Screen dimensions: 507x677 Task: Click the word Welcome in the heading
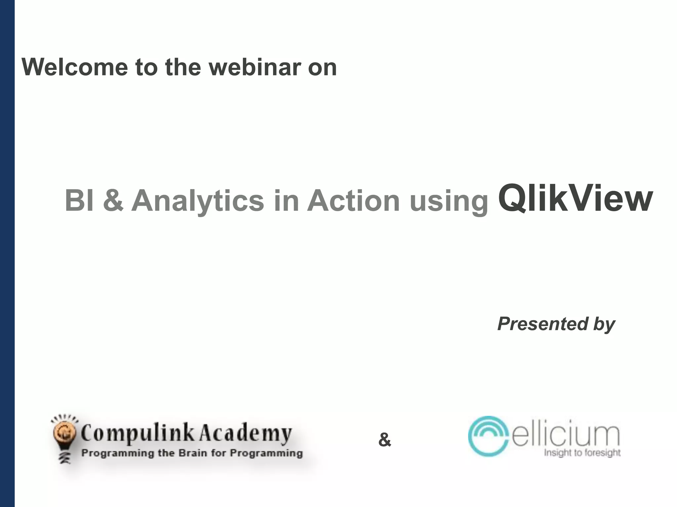(75, 67)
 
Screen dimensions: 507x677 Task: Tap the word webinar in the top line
(255, 67)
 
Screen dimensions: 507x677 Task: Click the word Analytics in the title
(198, 201)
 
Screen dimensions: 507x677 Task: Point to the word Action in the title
(353, 201)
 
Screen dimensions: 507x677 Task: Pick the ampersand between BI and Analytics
(113, 201)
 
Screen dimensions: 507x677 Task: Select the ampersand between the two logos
(384, 440)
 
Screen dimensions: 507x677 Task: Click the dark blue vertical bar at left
(7, 253)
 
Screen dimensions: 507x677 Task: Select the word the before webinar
(183, 67)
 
